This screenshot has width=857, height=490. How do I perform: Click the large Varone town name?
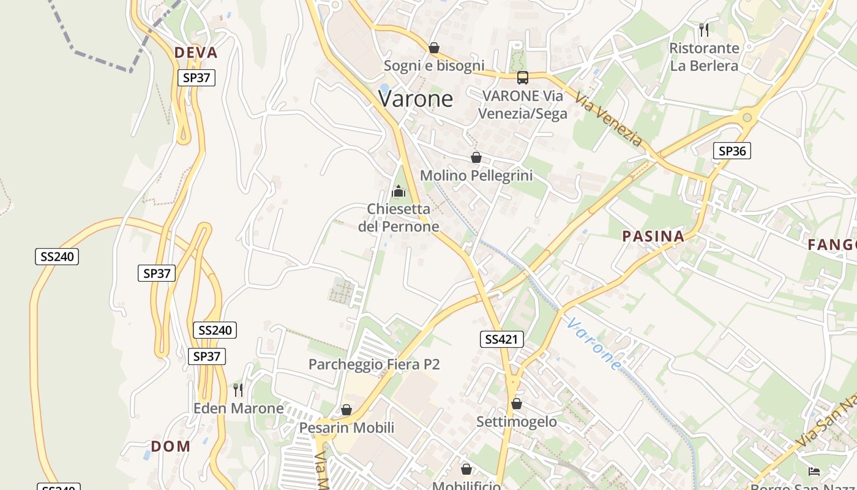[416, 99]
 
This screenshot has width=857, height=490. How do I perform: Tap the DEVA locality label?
[196, 53]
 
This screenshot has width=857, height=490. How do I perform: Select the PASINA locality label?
[653, 236]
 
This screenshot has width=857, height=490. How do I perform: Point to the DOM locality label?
[171, 447]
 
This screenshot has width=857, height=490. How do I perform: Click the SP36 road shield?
[732, 151]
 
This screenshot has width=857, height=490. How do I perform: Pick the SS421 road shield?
[501, 339]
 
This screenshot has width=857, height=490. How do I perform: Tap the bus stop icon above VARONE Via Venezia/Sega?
[523, 78]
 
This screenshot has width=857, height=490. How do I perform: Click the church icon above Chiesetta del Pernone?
[399, 191]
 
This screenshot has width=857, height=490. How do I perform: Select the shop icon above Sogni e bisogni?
[434, 48]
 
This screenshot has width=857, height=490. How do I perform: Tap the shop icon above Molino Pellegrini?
[476, 157]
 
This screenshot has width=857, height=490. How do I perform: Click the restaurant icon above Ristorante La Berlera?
[704, 29]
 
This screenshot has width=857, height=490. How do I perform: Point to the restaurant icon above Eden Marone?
[238, 390]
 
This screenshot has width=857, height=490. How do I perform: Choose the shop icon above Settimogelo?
[517, 404]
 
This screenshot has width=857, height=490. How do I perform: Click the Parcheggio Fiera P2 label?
[374, 364]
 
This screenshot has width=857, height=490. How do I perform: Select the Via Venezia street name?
[608, 121]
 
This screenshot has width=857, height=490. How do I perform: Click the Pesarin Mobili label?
[346, 428]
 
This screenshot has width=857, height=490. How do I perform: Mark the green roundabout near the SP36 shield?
[747, 117]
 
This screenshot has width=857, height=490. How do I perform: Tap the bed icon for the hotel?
[814, 471]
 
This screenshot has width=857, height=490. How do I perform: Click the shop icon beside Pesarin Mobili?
[346, 410]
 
